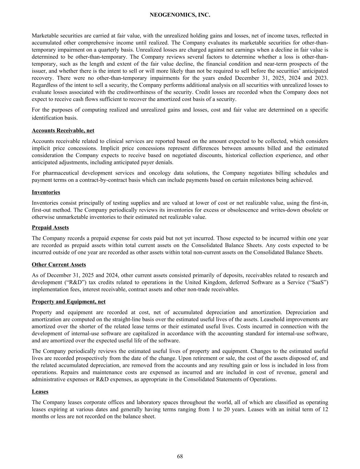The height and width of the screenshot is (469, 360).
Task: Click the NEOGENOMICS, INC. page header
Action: click(x=180, y=15)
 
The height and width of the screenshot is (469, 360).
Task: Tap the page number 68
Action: click(x=180, y=456)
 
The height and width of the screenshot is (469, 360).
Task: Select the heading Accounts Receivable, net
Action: click(x=63, y=131)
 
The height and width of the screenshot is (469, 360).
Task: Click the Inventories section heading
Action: click(x=46, y=192)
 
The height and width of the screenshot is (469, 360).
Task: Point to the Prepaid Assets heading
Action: click(x=50, y=227)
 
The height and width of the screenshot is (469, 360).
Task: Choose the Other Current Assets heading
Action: click(x=59, y=265)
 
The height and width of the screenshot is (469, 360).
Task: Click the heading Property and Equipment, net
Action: click(x=69, y=302)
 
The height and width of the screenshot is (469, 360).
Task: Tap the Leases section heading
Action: click(x=40, y=392)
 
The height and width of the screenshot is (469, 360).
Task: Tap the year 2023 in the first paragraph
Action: click(x=321, y=78)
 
